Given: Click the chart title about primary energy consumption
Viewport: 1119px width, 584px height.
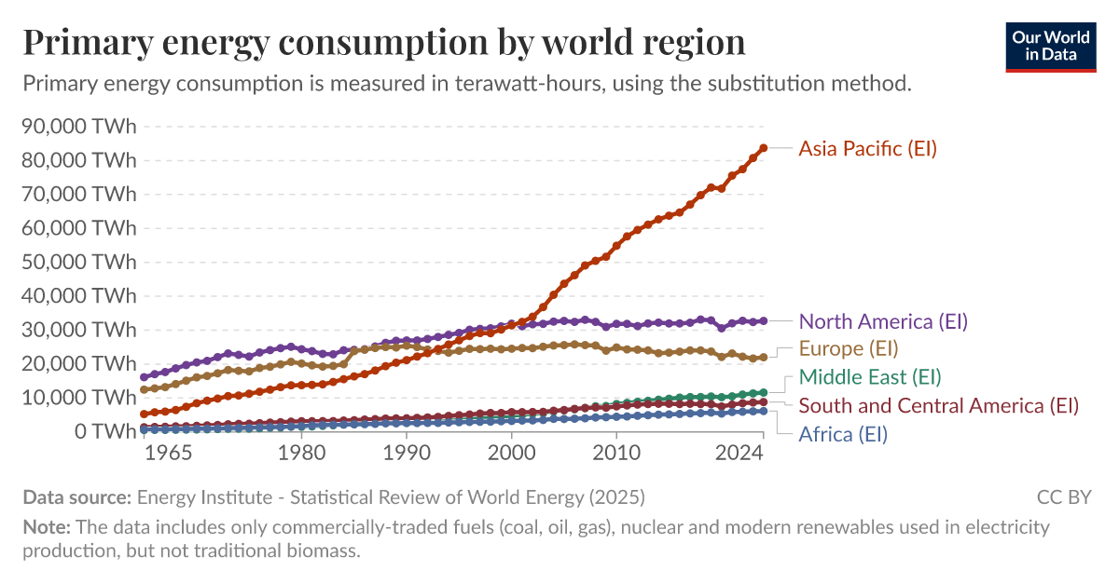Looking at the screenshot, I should coord(383,43).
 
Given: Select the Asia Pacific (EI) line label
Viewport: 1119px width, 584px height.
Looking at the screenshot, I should coord(867,148).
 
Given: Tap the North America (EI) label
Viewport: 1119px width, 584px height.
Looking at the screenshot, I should coord(883,321).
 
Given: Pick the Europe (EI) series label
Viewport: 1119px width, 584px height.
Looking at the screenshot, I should coord(848,349).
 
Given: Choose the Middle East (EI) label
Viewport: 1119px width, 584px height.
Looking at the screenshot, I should coord(870,377).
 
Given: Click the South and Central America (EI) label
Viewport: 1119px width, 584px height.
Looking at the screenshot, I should coord(938,406).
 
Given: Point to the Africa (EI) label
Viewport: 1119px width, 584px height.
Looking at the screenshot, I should coord(843,434).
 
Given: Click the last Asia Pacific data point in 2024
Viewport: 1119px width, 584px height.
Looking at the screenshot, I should coord(763,148).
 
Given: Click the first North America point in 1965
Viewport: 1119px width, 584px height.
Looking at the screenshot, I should coord(145,377).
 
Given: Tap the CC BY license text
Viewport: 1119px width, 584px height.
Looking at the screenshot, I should coord(1063,496).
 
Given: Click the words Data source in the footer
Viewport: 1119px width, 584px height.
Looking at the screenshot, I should coord(77,496).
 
